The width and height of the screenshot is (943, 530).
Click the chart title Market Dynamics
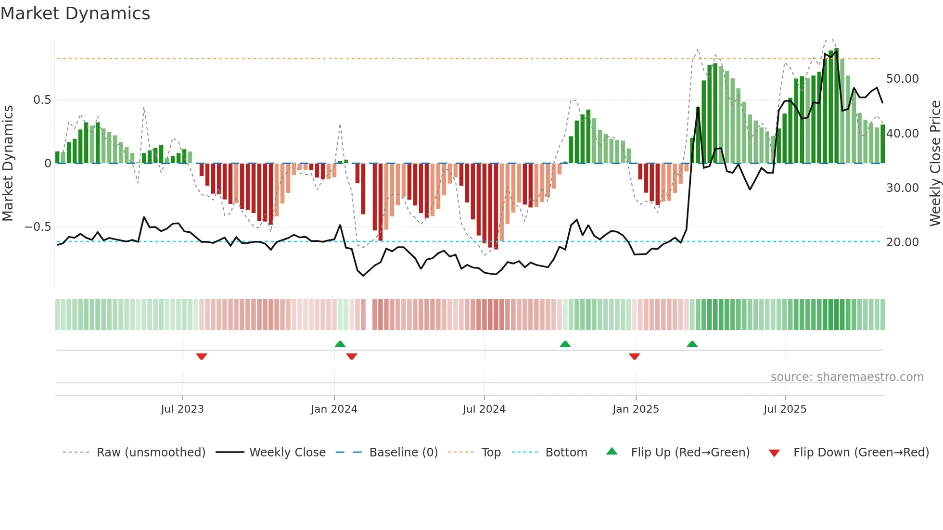pyautogui.click(x=75, y=13)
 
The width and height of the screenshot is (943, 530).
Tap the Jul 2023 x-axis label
pyautogui.click(x=182, y=409)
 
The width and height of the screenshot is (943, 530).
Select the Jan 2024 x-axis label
pyautogui.click(x=334, y=409)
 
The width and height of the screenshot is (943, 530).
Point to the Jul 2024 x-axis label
pyautogui.click(x=484, y=409)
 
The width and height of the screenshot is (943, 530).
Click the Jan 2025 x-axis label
pyautogui.click(x=636, y=409)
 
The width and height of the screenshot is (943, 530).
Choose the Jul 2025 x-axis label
pyautogui.click(x=785, y=409)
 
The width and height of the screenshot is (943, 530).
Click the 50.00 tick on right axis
pyautogui.click(x=902, y=79)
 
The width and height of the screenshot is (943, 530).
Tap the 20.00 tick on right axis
pyautogui.click(x=902, y=242)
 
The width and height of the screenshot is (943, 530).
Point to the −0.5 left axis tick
pyautogui.click(x=38, y=227)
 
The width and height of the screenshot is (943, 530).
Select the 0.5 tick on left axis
pyautogui.click(x=42, y=100)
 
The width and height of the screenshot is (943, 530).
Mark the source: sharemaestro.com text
pyautogui.click(x=847, y=377)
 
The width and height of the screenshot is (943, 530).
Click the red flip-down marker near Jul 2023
pyautogui.click(x=202, y=356)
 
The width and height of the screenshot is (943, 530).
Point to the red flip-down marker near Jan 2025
pyautogui.click(x=634, y=356)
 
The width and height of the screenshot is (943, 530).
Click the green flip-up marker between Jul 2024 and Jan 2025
pyautogui.click(x=565, y=344)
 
